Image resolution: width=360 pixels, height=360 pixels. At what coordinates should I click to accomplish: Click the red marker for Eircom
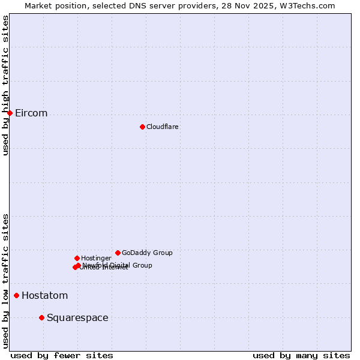click(10, 113)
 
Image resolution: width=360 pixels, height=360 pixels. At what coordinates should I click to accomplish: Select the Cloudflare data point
click(142, 127)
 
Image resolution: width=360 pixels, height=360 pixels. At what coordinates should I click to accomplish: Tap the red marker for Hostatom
click(16, 295)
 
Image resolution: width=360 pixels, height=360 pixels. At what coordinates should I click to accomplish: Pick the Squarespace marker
click(41, 317)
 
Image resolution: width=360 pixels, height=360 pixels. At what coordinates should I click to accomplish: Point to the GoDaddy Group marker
click(118, 253)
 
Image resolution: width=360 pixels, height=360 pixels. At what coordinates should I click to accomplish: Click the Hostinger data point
click(77, 258)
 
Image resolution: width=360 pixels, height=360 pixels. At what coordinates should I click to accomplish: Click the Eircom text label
click(31, 113)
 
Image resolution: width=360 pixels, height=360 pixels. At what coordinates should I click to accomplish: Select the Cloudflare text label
click(163, 127)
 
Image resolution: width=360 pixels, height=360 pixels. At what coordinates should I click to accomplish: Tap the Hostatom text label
click(45, 296)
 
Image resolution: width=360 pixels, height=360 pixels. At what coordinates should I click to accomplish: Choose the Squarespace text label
click(77, 318)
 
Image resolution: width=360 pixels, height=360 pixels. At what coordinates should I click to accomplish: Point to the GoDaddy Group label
click(147, 253)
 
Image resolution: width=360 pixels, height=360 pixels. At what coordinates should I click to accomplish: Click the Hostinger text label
click(96, 259)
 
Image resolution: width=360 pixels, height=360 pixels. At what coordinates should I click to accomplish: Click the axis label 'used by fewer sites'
click(62, 355)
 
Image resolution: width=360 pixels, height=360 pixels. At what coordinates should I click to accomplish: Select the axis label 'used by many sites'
click(301, 355)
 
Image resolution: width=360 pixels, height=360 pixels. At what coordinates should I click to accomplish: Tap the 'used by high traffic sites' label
click(5, 85)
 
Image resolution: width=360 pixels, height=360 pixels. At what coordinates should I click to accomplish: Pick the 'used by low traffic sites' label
click(5, 281)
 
